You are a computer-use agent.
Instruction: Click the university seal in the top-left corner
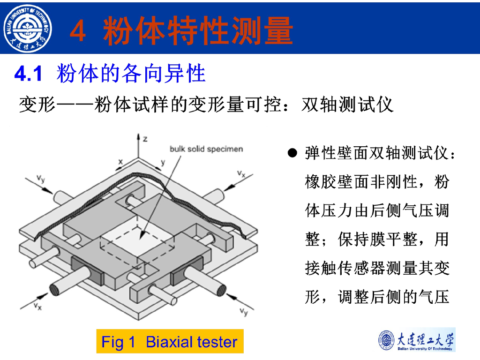coord(28,28)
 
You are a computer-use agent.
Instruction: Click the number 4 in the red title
coord(78,30)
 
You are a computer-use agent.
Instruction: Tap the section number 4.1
coord(28,74)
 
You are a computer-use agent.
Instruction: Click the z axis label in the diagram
coord(145,139)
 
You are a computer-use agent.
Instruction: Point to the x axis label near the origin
coord(120,161)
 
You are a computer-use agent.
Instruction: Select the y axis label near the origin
coord(163,162)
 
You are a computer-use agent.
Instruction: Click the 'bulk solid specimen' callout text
coord(206,149)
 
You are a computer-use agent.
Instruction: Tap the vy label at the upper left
coord(41,178)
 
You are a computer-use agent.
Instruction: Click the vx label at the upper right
coord(241,174)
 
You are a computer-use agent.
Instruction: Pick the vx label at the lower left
coord(37,307)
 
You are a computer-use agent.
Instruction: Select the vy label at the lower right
coord(244,312)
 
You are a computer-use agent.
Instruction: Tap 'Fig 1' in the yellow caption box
coord(118,342)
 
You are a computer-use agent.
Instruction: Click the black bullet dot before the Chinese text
coord(292,153)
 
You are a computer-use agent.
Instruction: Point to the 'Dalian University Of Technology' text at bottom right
coord(425,349)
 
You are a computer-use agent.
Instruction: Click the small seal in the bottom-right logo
coord(387,340)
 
